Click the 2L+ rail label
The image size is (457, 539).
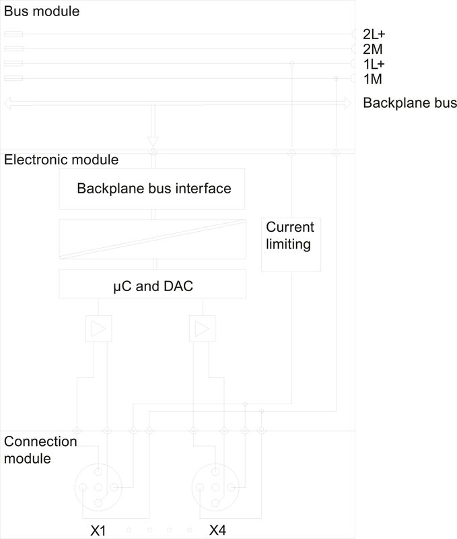click(x=374, y=34)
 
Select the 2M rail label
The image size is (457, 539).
click(x=372, y=49)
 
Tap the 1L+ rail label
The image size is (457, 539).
click(x=374, y=65)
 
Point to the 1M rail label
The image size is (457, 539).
click(x=372, y=80)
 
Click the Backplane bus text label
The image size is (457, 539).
click(x=409, y=103)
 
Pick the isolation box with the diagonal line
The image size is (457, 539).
click(x=151, y=239)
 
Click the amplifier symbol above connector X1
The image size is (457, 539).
click(x=98, y=329)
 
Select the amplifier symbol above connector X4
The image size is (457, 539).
click(x=201, y=329)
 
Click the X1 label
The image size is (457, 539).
click(x=98, y=531)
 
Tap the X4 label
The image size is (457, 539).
click(x=217, y=531)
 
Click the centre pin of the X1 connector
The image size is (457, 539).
click(x=98, y=487)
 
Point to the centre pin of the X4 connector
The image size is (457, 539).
click(x=215, y=487)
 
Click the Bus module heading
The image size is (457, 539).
click(x=32, y=11)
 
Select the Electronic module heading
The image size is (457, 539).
click(x=61, y=160)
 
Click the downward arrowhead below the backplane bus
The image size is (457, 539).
click(x=153, y=141)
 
